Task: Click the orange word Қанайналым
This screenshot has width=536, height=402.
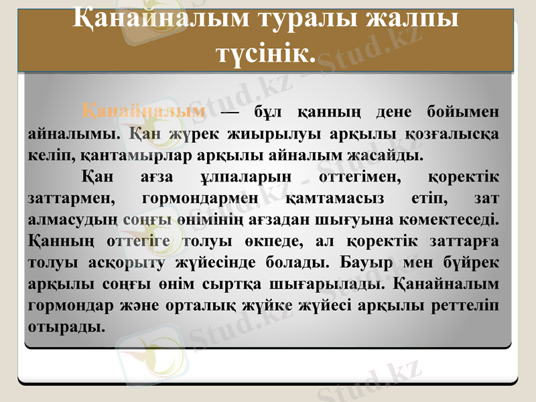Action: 143,111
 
